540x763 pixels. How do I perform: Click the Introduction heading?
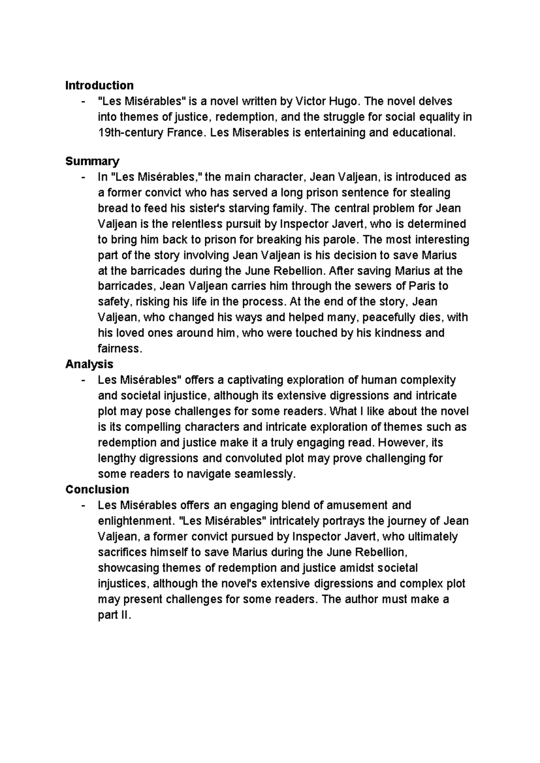[x=99, y=85]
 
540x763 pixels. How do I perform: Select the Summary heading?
[x=92, y=161]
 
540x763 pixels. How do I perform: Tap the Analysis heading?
[x=89, y=364]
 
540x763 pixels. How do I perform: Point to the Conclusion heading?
[x=97, y=489]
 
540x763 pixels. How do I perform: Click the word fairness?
[x=119, y=349]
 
